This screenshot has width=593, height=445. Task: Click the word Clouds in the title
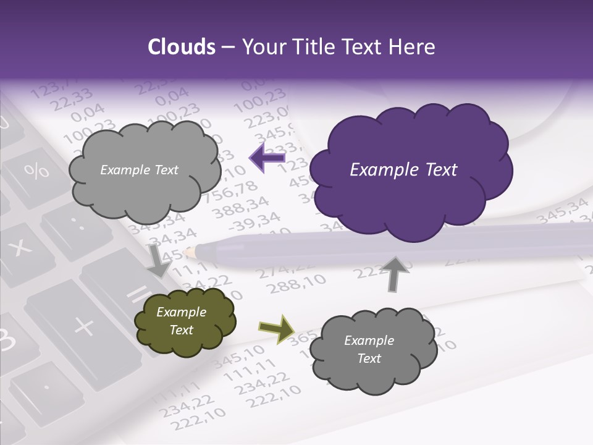point(181,47)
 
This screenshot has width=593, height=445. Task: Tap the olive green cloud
point(184,321)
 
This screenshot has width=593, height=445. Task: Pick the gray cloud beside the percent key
point(143,169)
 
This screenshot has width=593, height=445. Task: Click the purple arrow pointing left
point(267,158)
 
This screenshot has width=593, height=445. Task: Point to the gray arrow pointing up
point(395,273)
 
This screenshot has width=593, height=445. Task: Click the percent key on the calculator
point(38,171)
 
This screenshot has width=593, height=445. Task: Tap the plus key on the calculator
point(83,324)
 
